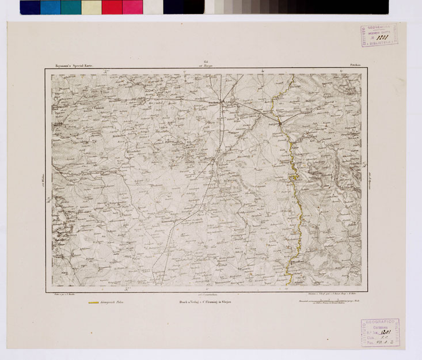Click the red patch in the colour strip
click(112, 7)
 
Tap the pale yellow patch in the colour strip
click(91, 7)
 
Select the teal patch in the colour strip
click(70, 7)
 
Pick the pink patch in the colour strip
click(132, 7)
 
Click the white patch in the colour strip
click(153, 7)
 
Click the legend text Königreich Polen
click(113, 301)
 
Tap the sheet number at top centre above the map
click(206, 63)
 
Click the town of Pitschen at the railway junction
click(222, 102)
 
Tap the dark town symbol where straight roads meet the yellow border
click(280, 123)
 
